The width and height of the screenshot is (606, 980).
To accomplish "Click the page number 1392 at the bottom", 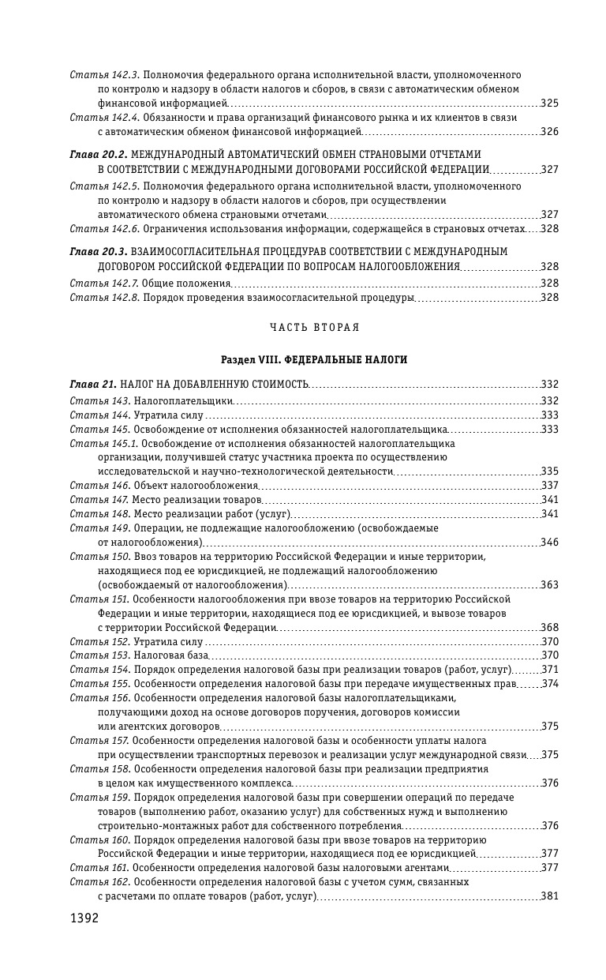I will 84,918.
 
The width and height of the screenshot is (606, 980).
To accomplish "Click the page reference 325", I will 550,103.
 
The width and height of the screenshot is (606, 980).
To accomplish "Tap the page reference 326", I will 550,131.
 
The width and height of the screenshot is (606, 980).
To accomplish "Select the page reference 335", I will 550,471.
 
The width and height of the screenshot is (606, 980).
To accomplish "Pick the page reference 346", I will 550,543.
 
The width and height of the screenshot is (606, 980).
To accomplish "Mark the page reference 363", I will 550,585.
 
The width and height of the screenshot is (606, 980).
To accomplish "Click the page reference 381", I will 550,897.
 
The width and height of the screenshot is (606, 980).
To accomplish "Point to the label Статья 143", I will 99,401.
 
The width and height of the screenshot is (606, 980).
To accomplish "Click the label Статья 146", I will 99,485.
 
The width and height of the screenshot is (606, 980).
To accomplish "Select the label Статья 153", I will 99,655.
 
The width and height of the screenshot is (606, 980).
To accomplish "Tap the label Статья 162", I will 99,882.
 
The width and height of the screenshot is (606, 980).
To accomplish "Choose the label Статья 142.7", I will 104,283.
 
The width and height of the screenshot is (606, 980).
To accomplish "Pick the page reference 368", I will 550,628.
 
